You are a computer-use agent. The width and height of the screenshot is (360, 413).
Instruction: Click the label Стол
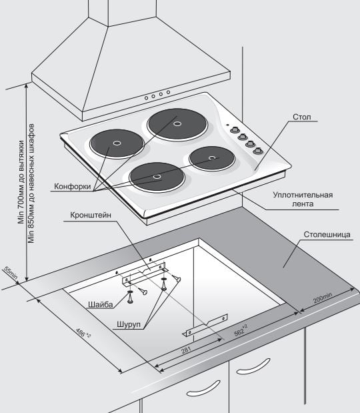click(x=301, y=117)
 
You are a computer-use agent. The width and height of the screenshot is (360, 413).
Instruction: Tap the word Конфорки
click(x=73, y=186)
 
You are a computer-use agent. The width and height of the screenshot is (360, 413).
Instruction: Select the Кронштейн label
click(x=91, y=216)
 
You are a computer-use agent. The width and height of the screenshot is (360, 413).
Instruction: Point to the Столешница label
click(x=327, y=234)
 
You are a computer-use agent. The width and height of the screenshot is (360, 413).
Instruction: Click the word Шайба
click(x=100, y=304)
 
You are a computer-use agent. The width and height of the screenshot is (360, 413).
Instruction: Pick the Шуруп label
click(x=129, y=324)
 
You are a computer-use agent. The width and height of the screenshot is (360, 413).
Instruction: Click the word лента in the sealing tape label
click(x=303, y=203)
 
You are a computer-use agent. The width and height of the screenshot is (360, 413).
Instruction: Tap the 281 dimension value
click(x=186, y=350)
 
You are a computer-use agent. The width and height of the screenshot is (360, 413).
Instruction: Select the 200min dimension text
click(x=323, y=298)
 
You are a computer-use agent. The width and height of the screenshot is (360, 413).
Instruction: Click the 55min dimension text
click(x=11, y=273)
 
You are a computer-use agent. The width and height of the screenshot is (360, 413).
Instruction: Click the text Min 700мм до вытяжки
click(x=21, y=182)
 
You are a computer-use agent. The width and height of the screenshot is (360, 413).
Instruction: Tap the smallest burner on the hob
click(x=212, y=158)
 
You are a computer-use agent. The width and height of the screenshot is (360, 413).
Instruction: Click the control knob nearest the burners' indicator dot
click(x=234, y=130)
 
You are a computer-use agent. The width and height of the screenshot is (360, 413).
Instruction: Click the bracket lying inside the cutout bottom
click(x=205, y=325)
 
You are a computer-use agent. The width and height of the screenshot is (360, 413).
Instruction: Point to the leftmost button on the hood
click(x=146, y=98)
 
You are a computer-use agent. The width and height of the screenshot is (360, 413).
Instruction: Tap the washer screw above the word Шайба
click(x=130, y=297)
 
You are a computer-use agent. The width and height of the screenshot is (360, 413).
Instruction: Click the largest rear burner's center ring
click(x=177, y=123)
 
